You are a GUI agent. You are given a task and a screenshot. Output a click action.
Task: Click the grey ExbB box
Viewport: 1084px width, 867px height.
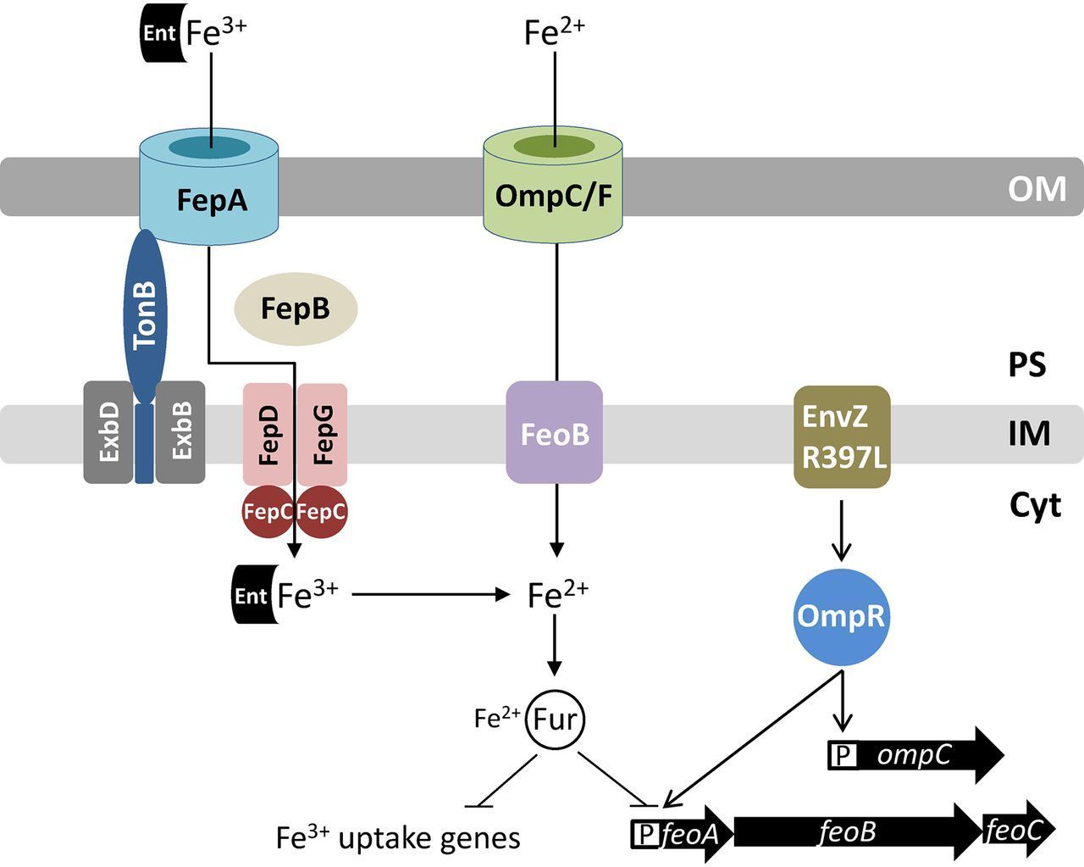coord(181,432)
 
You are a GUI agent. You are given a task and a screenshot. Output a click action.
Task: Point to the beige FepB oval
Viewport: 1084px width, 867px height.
coord(295,308)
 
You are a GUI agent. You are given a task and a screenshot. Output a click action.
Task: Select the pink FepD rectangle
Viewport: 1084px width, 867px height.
coord(268,434)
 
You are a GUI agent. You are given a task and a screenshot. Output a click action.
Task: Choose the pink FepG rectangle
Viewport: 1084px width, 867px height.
coord(323,434)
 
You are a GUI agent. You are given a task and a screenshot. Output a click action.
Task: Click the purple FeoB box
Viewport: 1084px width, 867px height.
coord(555,434)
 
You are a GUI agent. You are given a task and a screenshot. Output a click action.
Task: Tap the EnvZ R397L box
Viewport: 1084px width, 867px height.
coord(842,436)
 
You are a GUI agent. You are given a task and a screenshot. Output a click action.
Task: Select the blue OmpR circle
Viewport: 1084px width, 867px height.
coord(841,616)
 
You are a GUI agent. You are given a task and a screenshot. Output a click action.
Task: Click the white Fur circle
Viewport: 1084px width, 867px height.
coord(556,720)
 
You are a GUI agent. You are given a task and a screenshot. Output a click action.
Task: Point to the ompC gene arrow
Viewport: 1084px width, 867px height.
coord(915,754)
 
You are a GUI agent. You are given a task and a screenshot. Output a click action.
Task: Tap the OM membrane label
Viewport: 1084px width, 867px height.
coord(1037,188)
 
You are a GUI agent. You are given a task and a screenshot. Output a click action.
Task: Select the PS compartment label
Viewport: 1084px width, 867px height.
coord(1027,364)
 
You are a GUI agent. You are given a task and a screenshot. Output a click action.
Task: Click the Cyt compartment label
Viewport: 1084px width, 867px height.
coord(1035,505)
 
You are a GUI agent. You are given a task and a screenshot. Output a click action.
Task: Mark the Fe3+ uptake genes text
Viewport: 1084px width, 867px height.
coord(398,838)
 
